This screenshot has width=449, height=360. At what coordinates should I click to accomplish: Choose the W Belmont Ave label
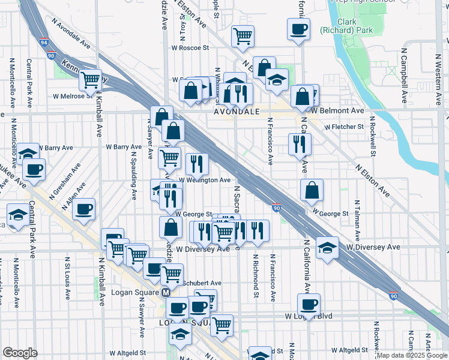point(337,110)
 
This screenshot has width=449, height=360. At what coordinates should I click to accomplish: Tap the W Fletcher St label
point(344,127)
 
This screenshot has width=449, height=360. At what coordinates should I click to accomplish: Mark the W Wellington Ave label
point(205,180)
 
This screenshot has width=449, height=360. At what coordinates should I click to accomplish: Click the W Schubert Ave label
point(202,283)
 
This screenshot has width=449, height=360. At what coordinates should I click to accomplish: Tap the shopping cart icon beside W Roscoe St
point(243,36)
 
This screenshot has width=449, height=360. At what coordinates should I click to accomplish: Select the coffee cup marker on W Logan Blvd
point(309,304)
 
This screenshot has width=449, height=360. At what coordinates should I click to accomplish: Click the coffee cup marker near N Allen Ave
point(84,209)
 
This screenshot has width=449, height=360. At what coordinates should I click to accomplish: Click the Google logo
point(20,353)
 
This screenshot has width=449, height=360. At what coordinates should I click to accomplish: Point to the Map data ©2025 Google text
point(411,355)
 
